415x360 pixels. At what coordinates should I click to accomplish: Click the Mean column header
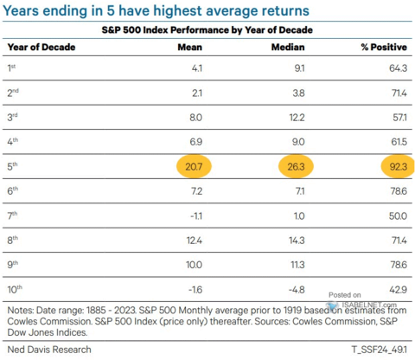click(189, 47)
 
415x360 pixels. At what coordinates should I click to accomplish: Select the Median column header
click(288, 47)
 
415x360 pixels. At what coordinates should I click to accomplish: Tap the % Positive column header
click(384, 47)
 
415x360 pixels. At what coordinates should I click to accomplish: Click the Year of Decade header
click(41, 47)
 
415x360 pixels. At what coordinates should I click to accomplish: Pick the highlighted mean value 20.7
click(194, 166)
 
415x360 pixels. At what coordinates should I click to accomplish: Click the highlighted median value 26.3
click(296, 166)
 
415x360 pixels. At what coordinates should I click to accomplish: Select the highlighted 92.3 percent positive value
click(398, 166)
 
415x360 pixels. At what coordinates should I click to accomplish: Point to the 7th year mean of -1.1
click(196, 215)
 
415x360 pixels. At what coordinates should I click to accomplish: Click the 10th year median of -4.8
click(297, 290)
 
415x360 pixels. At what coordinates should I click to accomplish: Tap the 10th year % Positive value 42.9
click(399, 290)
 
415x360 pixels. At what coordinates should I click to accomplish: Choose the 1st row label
click(11, 67)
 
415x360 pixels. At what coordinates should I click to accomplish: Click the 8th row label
click(13, 240)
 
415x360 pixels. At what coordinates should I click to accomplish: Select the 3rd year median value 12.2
click(297, 118)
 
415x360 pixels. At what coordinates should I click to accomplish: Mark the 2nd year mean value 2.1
click(197, 93)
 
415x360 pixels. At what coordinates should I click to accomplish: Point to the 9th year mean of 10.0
click(194, 265)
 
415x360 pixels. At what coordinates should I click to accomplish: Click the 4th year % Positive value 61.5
click(399, 142)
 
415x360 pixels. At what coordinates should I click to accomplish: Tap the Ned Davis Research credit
click(49, 350)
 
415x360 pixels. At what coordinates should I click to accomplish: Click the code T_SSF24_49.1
click(380, 350)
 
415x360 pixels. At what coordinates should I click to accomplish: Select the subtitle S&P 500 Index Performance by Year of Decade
click(207, 30)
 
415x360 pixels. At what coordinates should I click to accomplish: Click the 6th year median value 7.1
click(300, 191)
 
